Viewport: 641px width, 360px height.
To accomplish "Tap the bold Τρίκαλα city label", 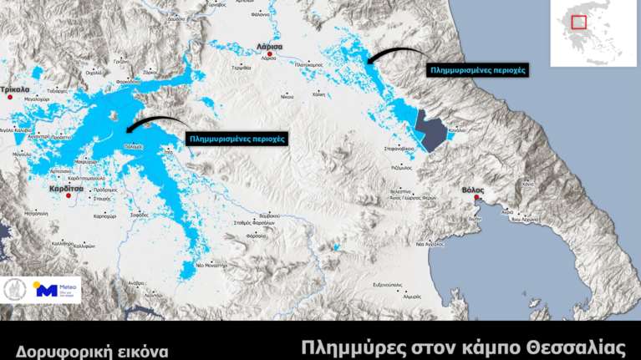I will click(x=15, y=88).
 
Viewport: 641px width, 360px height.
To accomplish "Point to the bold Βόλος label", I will click(x=473, y=190).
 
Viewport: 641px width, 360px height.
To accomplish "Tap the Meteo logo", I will click(x=56, y=290).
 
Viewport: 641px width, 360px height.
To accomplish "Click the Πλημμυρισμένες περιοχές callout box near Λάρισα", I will click(x=477, y=71).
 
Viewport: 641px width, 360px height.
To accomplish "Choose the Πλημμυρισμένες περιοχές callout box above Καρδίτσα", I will click(x=237, y=138).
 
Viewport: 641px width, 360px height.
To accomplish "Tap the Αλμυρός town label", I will click(x=411, y=296).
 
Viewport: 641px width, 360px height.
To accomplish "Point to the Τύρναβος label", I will click(x=242, y=68).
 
